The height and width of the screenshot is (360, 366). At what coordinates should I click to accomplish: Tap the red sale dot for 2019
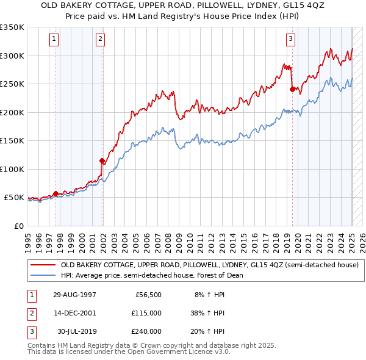[292, 89]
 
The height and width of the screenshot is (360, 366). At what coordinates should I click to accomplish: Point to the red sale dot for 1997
[56, 193]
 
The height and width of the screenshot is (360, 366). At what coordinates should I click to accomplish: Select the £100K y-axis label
[13, 169]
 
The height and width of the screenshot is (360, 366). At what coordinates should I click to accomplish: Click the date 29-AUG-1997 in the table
[74, 294]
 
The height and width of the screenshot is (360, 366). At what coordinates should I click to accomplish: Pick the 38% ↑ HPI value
[208, 313]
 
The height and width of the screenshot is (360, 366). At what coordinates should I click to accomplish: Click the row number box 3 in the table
[30, 331]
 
